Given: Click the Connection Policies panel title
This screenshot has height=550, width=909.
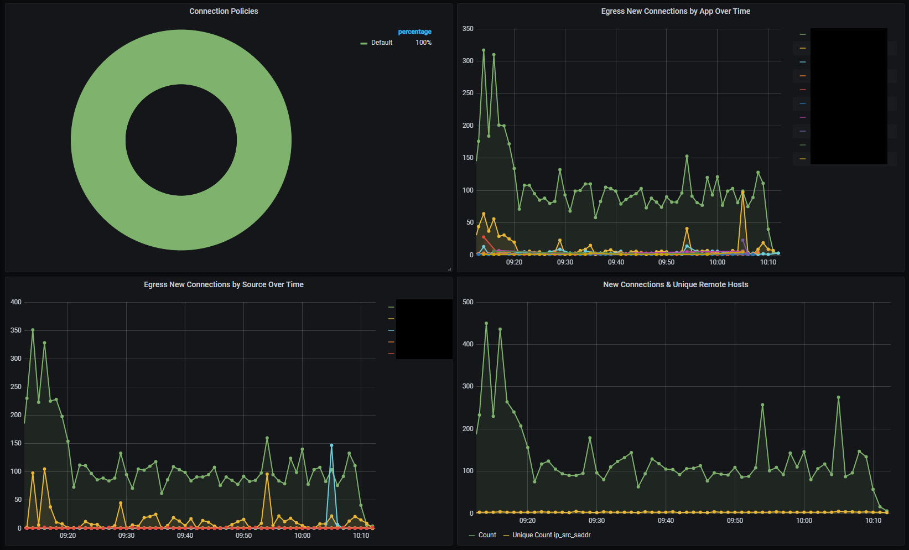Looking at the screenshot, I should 224,11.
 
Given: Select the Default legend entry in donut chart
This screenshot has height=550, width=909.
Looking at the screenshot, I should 381,43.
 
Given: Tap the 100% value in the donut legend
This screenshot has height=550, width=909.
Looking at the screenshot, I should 423,43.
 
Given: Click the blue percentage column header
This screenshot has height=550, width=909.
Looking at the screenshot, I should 414,32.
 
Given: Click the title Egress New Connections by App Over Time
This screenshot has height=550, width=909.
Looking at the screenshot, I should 676,11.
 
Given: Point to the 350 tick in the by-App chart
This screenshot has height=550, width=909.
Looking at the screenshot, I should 468,29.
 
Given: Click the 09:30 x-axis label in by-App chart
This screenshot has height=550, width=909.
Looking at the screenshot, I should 565,262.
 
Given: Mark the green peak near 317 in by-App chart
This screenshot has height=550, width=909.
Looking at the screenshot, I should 484,50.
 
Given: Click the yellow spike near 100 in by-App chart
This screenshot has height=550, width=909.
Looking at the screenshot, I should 742,191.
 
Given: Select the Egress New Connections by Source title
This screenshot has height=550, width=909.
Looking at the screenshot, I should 224,284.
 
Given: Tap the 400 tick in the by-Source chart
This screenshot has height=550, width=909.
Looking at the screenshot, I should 16,302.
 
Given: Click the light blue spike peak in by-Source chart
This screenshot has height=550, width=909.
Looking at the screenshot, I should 331,445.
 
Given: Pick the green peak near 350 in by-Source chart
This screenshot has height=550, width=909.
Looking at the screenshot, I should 33,330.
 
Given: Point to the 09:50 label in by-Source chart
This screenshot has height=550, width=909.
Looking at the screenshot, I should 243,536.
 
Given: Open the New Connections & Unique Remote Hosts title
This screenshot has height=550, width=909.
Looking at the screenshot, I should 676,284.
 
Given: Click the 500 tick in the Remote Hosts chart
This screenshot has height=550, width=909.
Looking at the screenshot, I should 468,302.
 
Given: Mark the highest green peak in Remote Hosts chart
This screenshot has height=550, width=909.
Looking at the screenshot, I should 486,323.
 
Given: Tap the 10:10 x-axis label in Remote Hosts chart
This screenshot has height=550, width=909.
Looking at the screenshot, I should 873,521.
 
